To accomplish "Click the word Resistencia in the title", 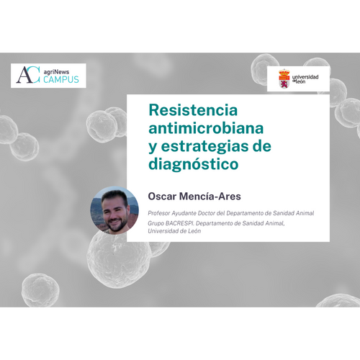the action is pyautogui.click(x=193, y=110).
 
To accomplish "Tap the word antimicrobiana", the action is pyautogui.click(x=206, y=128).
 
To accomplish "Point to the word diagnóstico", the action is pyautogui.click(x=194, y=164).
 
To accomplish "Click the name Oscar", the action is pyautogui.click(x=162, y=197).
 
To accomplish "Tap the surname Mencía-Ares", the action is pyautogui.click(x=210, y=197).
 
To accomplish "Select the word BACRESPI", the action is pyautogui.click(x=180, y=223).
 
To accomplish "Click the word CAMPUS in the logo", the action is pyautogui.click(x=61, y=79).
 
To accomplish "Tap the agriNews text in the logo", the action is pyautogui.click(x=57, y=72).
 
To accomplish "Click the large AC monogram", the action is pyautogui.click(x=28, y=75).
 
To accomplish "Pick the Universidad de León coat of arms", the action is pyautogui.click(x=284, y=78).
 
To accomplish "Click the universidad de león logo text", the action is pyautogui.click(x=305, y=79).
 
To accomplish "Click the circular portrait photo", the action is pyautogui.click(x=114, y=210).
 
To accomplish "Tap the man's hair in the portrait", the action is pyautogui.click(x=114, y=197).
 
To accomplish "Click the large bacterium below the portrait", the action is pyautogui.click(x=120, y=260).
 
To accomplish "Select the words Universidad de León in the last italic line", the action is pyautogui.click(x=174, y=231).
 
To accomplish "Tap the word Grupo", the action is pyautogui.click(x=156, y=223).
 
